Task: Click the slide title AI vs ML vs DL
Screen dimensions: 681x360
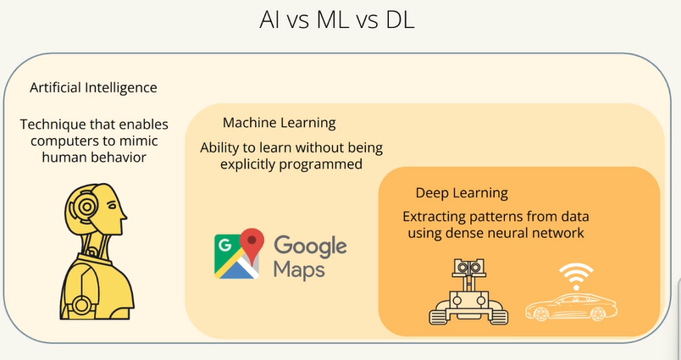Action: coord(337,20)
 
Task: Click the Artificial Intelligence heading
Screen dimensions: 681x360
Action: coord(93,88)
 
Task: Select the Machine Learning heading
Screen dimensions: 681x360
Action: coord(280,123)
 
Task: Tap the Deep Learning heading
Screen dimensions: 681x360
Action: coord(462,193)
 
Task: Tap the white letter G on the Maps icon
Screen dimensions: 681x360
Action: coord(225,246)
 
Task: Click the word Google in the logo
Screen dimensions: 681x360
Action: coord(310,246)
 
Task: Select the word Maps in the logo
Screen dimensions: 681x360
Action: coord(299,269)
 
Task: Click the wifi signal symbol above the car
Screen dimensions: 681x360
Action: coord(576,276)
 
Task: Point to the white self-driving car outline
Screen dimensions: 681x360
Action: coord(572,307)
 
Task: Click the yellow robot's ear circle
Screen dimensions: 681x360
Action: coord(87,207)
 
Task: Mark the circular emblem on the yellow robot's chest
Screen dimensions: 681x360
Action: coord(80,305)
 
